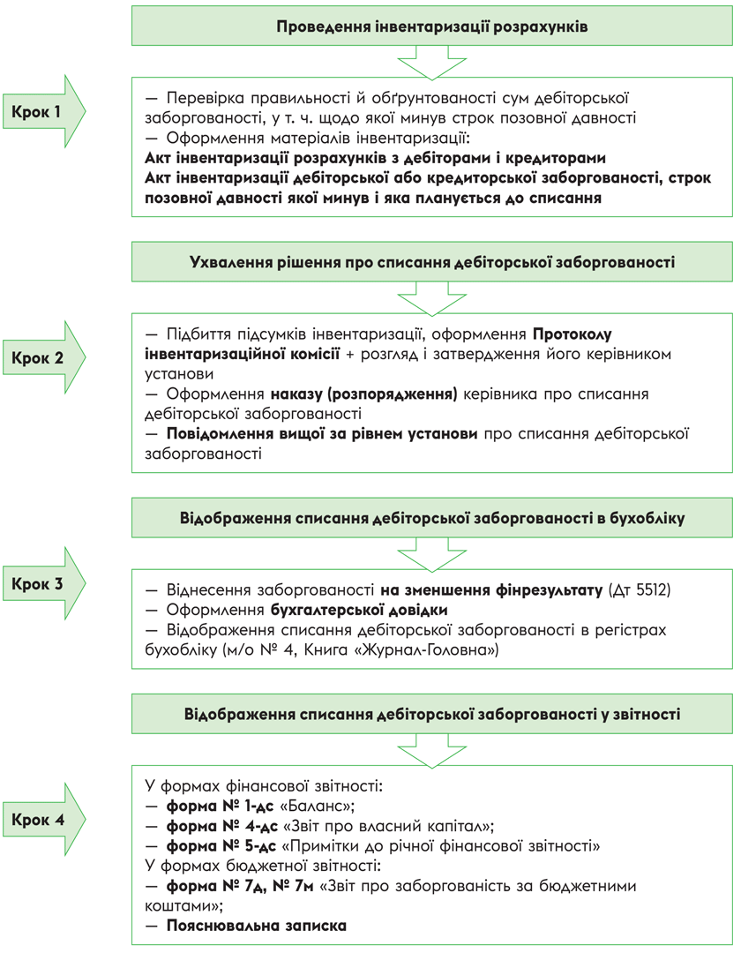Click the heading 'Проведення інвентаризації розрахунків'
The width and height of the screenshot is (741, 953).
click(x=432, y=26)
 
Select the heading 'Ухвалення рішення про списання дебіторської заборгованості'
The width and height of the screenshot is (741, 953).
click(x=432, y=262)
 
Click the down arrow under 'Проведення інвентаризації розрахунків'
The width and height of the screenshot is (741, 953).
click(x=432, y=63)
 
